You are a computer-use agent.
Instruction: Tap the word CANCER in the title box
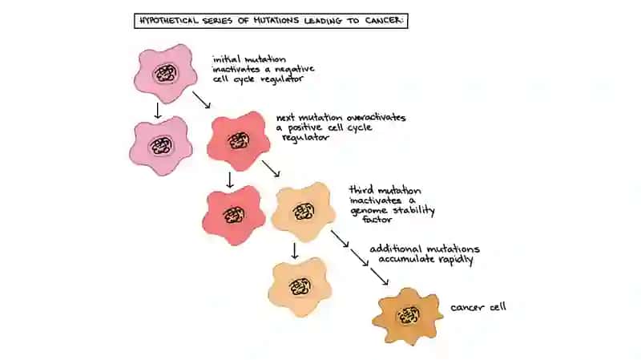pos(384,21)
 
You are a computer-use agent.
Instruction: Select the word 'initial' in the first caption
pos(226,59)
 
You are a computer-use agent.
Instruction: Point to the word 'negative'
pos(294,69)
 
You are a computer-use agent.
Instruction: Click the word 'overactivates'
pos(376,118)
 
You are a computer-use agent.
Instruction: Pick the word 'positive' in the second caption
pos(305,128)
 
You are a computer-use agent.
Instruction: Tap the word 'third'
pos(361,190)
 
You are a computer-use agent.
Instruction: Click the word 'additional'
pos(395,249)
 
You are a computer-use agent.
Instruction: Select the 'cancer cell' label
pos(478,307)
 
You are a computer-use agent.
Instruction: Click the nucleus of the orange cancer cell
pos(409,316)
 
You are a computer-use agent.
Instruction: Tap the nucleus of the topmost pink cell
pos(166,74)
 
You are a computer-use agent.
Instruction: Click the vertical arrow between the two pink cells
pos(157,111)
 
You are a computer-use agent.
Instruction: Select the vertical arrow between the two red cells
pos(230,180)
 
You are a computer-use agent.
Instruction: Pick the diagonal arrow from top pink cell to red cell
pos(202,99)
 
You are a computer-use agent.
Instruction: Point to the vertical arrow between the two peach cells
pos(294,251)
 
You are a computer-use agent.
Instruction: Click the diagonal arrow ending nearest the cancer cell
pos(379,277)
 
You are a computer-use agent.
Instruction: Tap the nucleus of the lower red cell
pos(234,215)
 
